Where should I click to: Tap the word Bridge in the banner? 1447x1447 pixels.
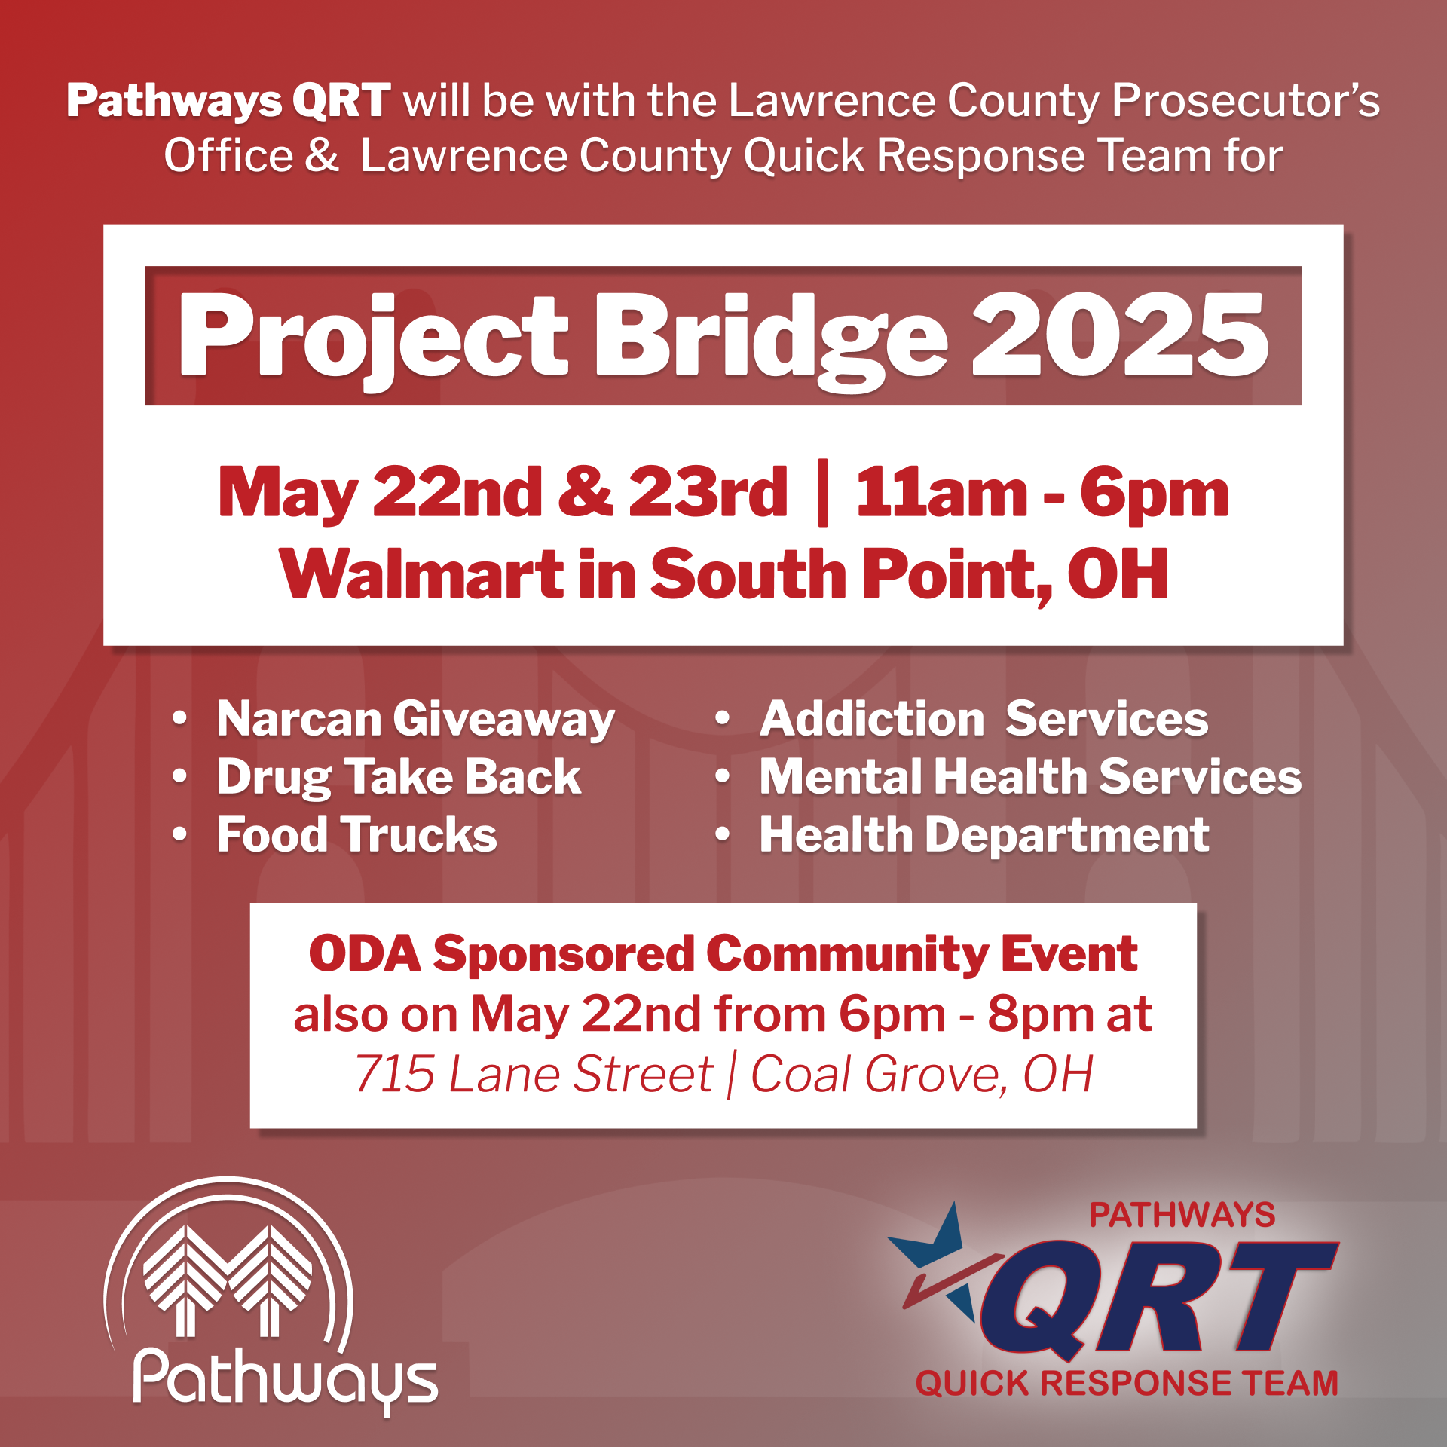771,339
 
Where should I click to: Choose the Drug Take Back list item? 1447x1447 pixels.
399,776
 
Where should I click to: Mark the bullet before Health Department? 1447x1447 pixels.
723,834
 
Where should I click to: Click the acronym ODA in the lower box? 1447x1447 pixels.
365,953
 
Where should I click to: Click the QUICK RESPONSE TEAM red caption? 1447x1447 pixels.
1127,1383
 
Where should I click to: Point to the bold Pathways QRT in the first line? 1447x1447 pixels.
228,101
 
